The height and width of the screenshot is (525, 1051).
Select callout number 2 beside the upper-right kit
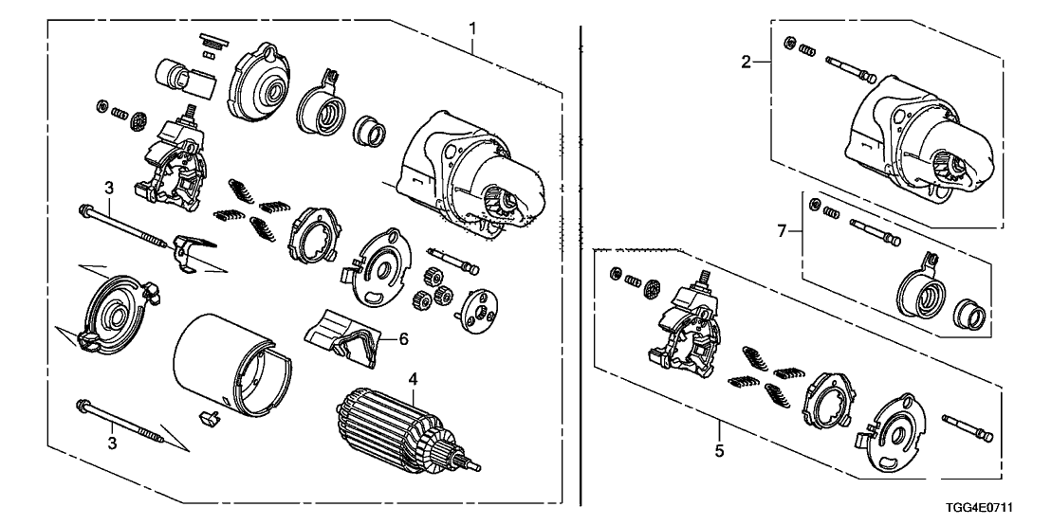[x=746, y=63]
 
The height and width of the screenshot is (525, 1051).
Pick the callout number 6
[x=403, y=337]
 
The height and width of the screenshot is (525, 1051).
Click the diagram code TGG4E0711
[x=1006, y=508]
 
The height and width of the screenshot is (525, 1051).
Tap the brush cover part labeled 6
[x=341, y=336]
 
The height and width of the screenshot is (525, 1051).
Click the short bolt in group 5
[x=968, y=425]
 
